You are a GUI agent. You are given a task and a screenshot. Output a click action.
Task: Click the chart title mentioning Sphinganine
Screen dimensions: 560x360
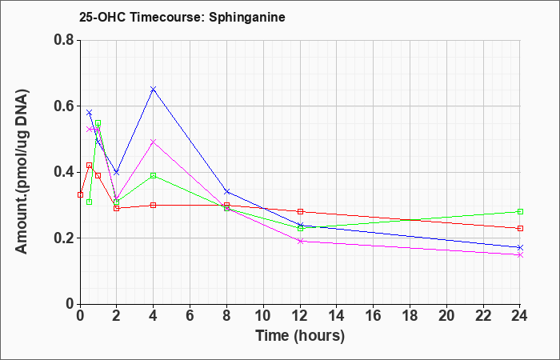pyautogui.click(x=182, y=17)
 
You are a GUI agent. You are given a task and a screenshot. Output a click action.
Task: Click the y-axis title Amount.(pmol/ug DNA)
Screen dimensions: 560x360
pyautogui.click(x=22, y=171)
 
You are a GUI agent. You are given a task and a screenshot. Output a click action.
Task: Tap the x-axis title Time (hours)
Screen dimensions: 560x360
pyautogui.click(x=300, y=336)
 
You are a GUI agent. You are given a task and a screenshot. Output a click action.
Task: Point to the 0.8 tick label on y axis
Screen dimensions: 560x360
pyautogui.click(x=64, y=40)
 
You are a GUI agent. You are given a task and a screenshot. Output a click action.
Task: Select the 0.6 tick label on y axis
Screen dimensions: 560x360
pyautogui.click(x=64, y=106)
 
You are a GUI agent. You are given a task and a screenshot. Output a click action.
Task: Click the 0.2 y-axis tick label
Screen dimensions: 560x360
pyautogui.click(x=64, y=238)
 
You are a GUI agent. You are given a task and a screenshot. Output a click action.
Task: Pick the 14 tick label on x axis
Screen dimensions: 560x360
pyautogui.click(x=337, y=315)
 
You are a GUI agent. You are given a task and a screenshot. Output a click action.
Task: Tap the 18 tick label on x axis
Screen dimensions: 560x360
pyautogui.click(x=410, y=315)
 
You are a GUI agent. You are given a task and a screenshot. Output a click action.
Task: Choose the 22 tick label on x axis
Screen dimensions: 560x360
pyautogui.click(x=483, y=315)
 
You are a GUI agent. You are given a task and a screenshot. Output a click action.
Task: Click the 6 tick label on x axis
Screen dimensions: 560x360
pyautogui.click(x=190, y=315)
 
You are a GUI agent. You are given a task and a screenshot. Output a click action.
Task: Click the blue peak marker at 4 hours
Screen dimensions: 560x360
pyautogui.click(x=154, y=90)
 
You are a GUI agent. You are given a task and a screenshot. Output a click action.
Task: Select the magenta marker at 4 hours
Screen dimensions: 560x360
pyautogui.click(x=154, y=142)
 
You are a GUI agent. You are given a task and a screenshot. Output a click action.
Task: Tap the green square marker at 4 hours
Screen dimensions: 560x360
pyautogui.click(x=154, y=175)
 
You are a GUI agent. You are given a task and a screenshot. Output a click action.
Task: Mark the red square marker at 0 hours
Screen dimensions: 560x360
pyautogui.click(x=80, y=194)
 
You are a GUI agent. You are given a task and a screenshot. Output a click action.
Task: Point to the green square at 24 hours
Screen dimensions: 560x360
pyautogui.click(x=520, y=211)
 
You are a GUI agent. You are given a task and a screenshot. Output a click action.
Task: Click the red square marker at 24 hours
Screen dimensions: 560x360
pyautogui.click(x=520, y=228)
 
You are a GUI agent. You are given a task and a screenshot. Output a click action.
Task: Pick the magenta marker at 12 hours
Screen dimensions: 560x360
pyautogui.click(x=300, y=241)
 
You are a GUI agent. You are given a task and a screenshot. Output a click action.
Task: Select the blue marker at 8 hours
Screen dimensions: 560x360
pyautogui.click(x=226, y=192)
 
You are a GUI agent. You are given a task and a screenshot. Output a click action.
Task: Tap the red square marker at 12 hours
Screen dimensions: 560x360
pyautogui.click(x=300, y=211)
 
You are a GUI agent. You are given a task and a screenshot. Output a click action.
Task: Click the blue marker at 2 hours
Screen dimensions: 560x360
pyautogui.click(x=117, y=172)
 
